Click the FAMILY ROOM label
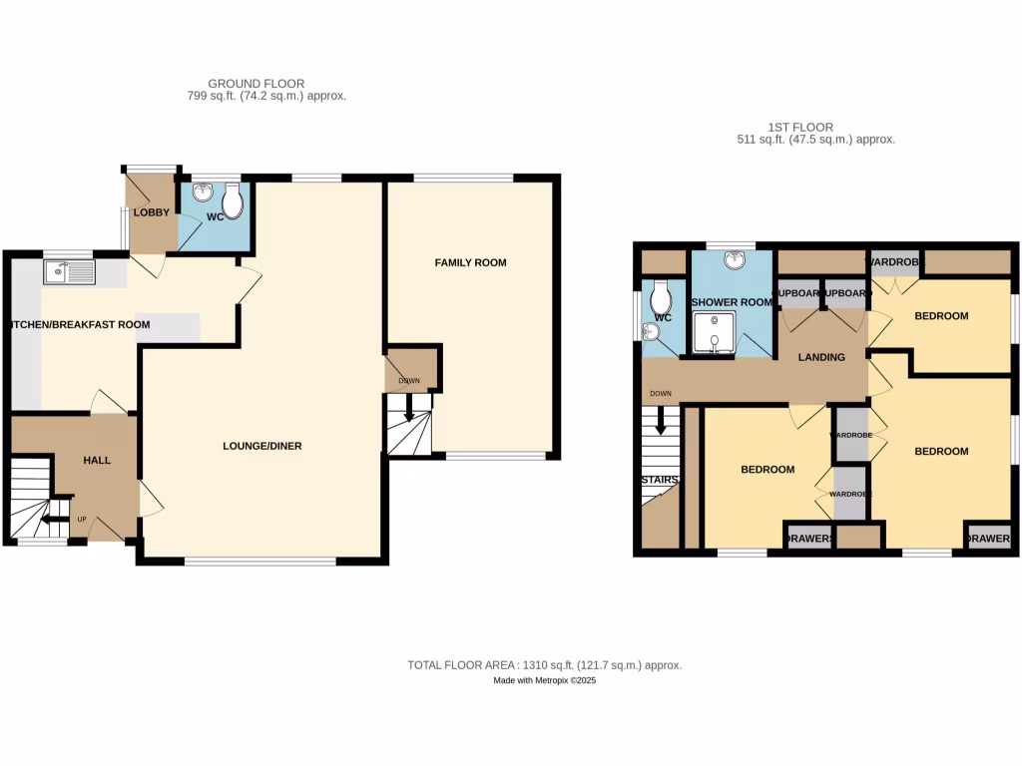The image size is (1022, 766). (470, 263)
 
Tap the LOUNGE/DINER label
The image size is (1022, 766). (261, 446)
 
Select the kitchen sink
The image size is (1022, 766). (69, 270)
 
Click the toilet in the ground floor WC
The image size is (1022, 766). (233, 203)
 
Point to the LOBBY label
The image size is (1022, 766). (152, 211)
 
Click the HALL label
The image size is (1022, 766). (97, 460)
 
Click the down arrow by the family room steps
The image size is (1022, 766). (409, 407)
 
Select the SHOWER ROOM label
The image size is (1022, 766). (732, 303)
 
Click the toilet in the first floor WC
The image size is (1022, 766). (660, 297)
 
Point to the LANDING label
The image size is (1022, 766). (821, 357)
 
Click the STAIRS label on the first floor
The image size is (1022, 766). (660, 481)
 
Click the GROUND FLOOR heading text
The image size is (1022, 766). (255, 83)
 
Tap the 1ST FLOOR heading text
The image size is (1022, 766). (800, 127)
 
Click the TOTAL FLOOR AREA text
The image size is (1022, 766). (544, 664)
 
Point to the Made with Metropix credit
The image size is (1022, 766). (544, 680)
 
